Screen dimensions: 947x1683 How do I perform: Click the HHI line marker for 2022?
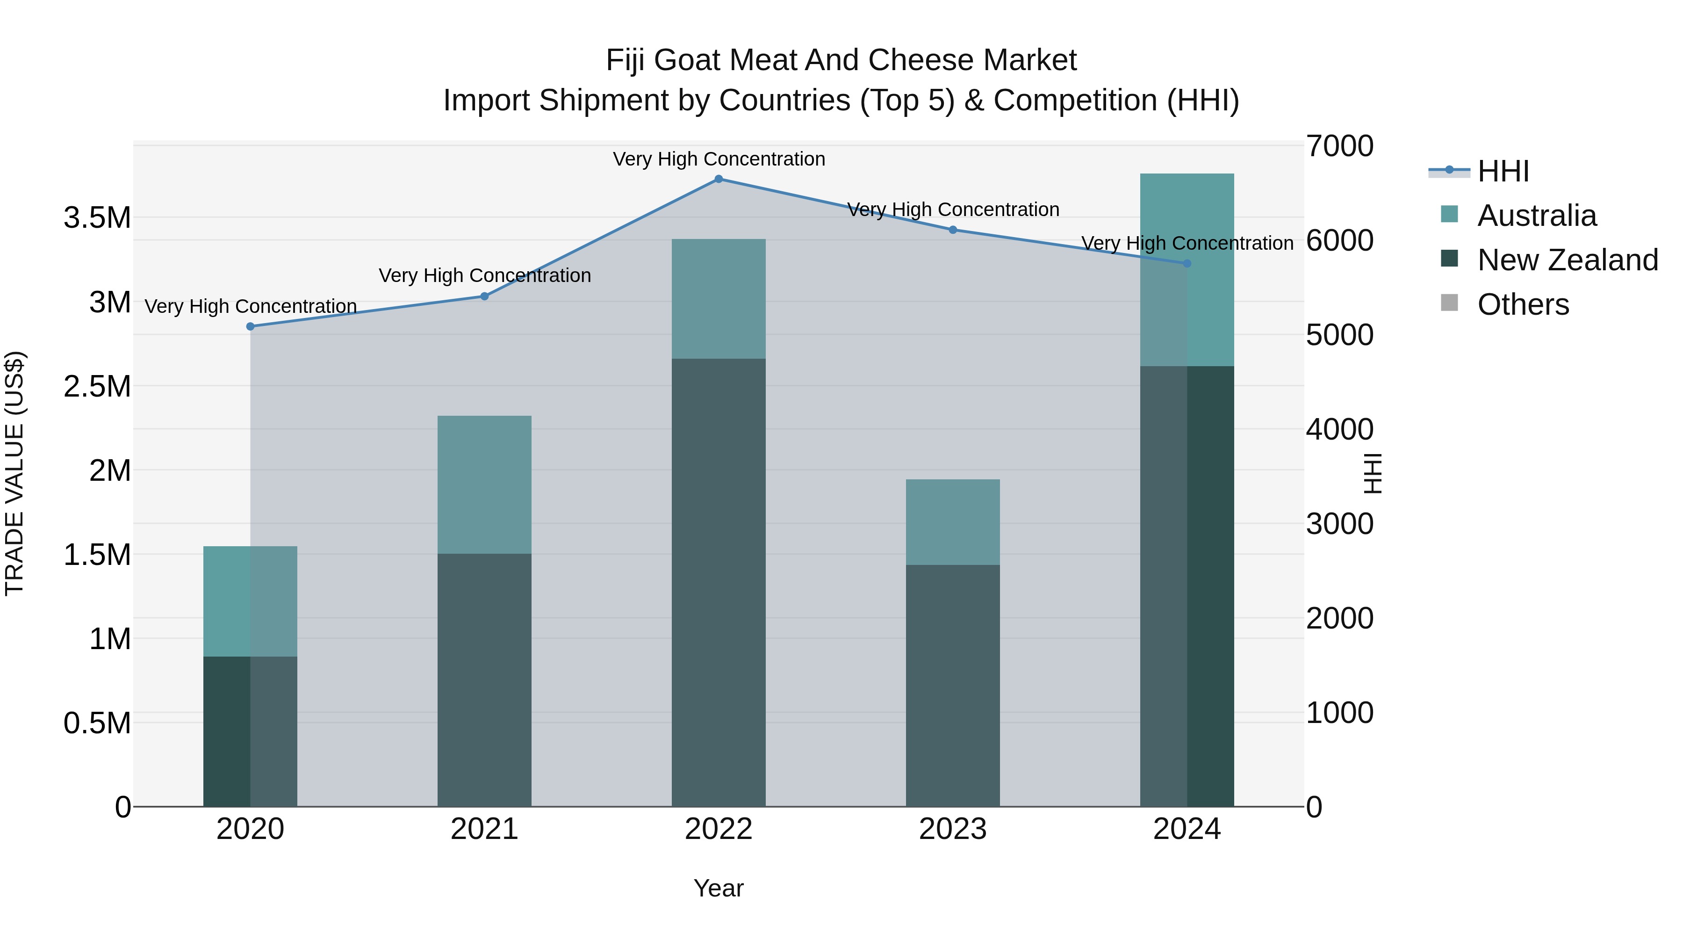pyautogui.click(x=718, y=179)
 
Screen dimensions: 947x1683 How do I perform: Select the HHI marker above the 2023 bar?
pyautogui.click(x=953, y=230)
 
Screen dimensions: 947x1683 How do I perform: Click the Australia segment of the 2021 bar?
pyautogui.click(x=484, y=485)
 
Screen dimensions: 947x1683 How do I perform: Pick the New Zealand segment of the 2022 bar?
pyautogui.click(x=718, y=582)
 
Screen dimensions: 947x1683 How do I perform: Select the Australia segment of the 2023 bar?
pyautogui.click(x=953, y=522)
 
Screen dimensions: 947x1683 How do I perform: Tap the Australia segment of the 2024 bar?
pyautogui.click(x=1187, y=270)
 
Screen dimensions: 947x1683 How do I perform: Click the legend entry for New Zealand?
pyautogui.click(x=1567, y=260)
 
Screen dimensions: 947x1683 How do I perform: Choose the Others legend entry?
pyautogui.click(x=1522, y=304)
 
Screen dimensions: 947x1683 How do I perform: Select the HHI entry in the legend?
pyautogui.click(x=1503, y=171)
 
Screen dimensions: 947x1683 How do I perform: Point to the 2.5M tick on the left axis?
pyautogui.click(x=97, y=386)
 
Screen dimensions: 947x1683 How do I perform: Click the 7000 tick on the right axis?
pyautogui.click(x=1339, y=146)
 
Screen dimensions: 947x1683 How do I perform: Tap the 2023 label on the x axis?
pyautogui.click(x=953, y=829)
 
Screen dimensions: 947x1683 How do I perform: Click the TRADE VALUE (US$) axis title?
pyautogui.click(x=15, y=473)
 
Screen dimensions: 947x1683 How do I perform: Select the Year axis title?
pyautogui.click(x=718, y=888)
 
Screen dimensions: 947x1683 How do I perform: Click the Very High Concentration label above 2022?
pyautogui.click(x=719, y=159)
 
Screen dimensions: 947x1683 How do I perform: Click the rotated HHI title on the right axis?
pyautogui.click(x=1374, y=473)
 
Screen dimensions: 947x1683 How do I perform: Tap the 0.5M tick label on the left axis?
pyautogui.click(x=97, y=723)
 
